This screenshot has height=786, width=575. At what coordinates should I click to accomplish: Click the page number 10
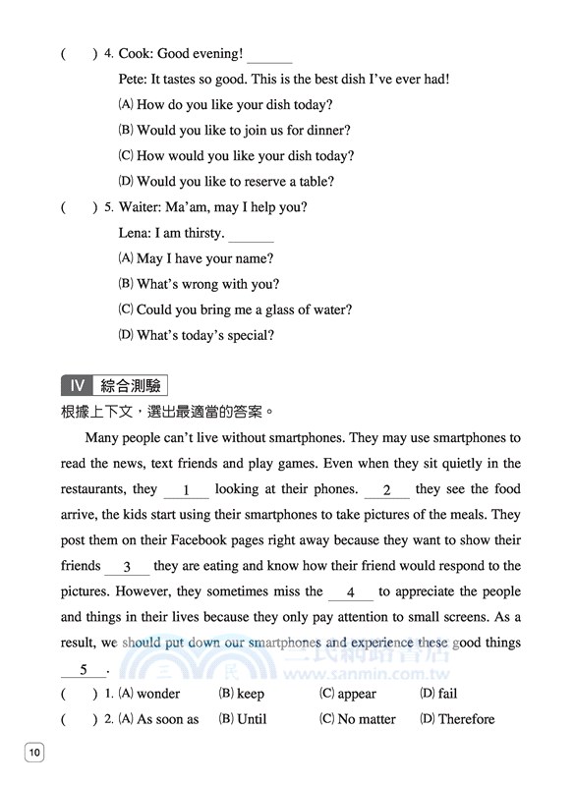click(x=34, y=754)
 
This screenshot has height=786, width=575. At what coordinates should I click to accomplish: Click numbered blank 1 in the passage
click(x=186, y=490)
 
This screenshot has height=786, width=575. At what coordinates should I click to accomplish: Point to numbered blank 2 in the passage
click(x=386, y=490)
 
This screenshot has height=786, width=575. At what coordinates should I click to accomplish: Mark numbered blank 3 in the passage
click(x=127, y=567)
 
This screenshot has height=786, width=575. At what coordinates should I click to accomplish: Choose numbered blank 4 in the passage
click(x=350, y=592)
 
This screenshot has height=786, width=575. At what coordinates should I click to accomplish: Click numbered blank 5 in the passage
click(x=85, y=669)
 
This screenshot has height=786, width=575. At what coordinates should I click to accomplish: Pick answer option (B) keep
click(x=241, y=694)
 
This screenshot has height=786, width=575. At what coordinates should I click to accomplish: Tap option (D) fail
click(x=438, y=694)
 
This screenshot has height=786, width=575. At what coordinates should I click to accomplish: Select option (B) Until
click(x=242, y=719)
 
